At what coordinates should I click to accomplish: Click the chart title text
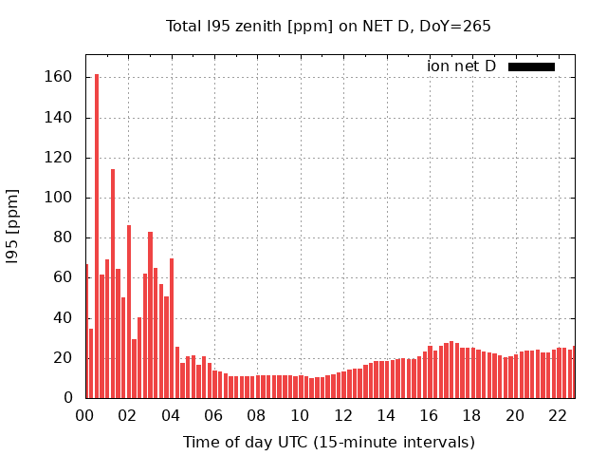[x=328, y=26]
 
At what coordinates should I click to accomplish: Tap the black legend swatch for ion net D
[x=531, y=66]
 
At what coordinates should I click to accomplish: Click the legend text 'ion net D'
[x=461, y=66]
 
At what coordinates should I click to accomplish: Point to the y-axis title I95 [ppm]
[x=13, y=225]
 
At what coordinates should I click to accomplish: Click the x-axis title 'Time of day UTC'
[x=328, y=442]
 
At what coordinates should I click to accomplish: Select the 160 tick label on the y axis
[x=59, y=78]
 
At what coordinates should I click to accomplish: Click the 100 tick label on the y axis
[x=59, y=198]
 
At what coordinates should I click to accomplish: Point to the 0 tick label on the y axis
[x=67, y=398]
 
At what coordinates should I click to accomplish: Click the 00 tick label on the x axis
[x=84, y=415]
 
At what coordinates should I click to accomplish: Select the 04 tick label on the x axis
[x=171, y=415]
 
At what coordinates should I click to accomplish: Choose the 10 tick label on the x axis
[x=300, y=415]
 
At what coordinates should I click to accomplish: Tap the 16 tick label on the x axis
[x=429, y=415]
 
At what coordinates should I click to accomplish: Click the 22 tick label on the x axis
[x=558, y=415]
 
